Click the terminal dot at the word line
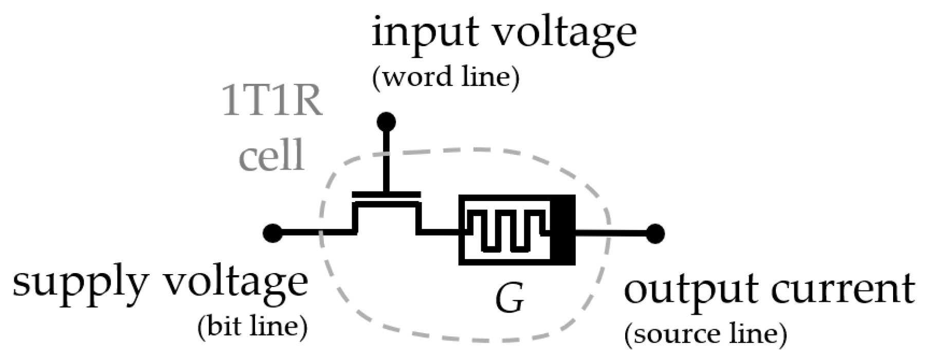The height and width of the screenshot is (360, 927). pos(386,122)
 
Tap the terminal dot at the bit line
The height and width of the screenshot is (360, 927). pos(272,233)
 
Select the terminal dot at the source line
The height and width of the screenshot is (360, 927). pos(655,233)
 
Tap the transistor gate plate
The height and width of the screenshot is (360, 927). pos(386,194)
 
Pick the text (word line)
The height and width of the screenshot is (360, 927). pos(445,78)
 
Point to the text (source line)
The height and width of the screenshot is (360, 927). pos(705,335)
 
